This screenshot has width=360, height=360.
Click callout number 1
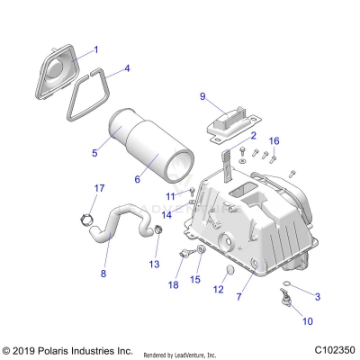pyautogui.click(x=96, y=49)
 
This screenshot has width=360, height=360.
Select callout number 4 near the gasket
pyautogui.click(x=127, y=68)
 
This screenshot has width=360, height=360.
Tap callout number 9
pyautogui.click(x=202, y=96)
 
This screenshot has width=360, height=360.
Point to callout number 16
pyautogui.click(x=274, y=140)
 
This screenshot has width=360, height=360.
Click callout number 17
pyautogui.click(x=101, y=187)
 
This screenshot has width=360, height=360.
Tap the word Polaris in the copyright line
pyautogui.click(x=63, y=349)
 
